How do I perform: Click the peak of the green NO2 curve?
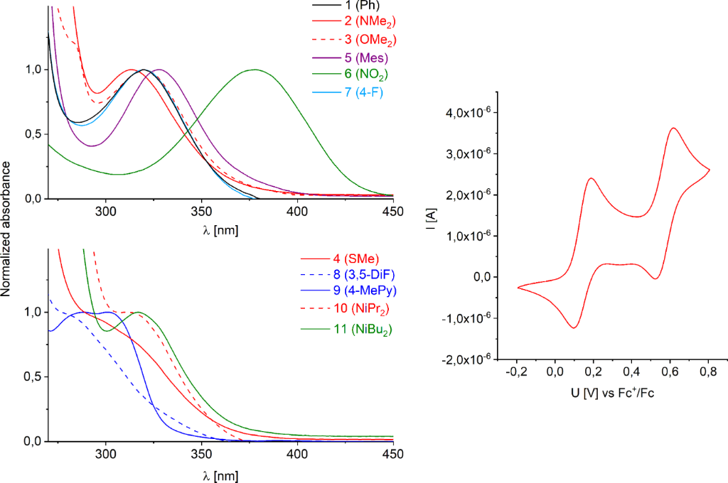point(254,70)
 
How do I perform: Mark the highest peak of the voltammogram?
point(673,128)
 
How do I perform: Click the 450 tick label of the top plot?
point(392,212)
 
